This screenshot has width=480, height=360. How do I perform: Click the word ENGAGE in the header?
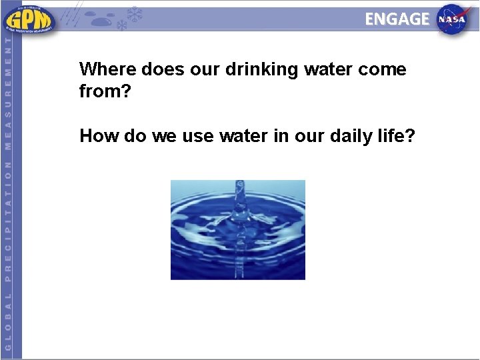click(x=397, y=19)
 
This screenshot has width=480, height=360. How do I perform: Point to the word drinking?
click(x=257, y=69)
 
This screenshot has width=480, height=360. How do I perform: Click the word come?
click(x=383, y=69)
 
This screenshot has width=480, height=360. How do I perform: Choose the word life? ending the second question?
click(x=399, y=136)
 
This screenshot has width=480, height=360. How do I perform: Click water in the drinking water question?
click(x=327, y=69)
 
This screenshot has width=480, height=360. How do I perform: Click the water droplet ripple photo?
click(x=238, y=229)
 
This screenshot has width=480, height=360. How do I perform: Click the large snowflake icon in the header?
click(x=135, y=15)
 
